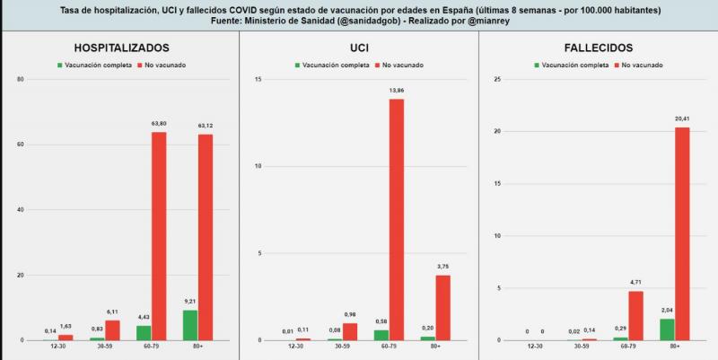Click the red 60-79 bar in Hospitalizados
coord(159,236)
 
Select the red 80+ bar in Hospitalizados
coord(206,237)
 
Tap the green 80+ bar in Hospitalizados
coord(189,325)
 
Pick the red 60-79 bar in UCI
coord(396,219)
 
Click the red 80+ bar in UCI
coord(442,307)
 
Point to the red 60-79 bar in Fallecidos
coord(635,315)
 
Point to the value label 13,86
coord(396,92)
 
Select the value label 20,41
coord(682,119)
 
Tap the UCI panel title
coord(359,48)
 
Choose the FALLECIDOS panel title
coord(599,48)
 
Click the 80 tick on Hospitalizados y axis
coord(21,79)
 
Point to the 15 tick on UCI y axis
coord(258,79)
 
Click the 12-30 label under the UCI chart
coord(295,347)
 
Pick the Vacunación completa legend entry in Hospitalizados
coord(95,65)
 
